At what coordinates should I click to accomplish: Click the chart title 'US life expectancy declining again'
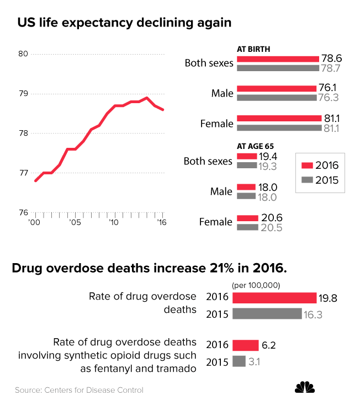pos(124,23)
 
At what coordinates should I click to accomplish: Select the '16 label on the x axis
pos(162,222)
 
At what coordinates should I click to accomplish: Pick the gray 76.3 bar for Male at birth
pos(276,98)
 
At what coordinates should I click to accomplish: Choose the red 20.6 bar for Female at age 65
pos(247,218)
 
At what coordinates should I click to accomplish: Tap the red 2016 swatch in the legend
pos(307,165)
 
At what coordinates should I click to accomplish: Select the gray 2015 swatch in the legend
pos(307,180)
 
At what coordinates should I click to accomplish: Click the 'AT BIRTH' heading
pos(253,49)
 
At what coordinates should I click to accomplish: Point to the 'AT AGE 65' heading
pos(256,146)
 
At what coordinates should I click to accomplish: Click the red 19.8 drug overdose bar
pos(274,298)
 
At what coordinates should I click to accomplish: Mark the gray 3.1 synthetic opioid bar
pos(239,361)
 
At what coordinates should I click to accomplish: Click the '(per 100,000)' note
pos(256,285)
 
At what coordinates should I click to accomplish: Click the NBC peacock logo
pos(305,388)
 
